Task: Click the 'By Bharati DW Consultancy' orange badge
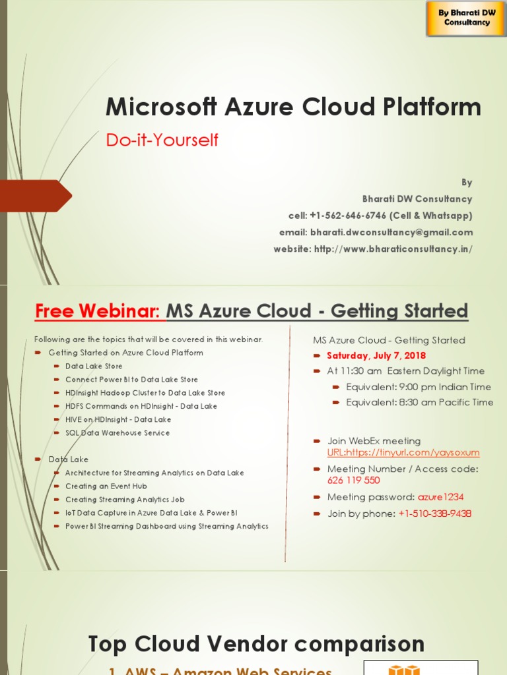(467, 17)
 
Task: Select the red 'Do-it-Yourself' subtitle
(162, 140)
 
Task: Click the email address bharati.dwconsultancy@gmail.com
(391, 232)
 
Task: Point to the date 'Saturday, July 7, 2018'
(376, 356)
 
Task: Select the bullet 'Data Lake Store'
(94, 367)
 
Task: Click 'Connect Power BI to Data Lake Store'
(131, 380)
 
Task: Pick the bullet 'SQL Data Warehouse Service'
(118, 433)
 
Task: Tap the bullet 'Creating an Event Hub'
(106, 486)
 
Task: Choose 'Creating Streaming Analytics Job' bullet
(121, 500)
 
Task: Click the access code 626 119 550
(353, 481)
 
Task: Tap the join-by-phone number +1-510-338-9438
(435, 514)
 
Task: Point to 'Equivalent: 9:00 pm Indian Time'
(419, 387)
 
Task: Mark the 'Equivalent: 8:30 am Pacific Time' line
(419, 402)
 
